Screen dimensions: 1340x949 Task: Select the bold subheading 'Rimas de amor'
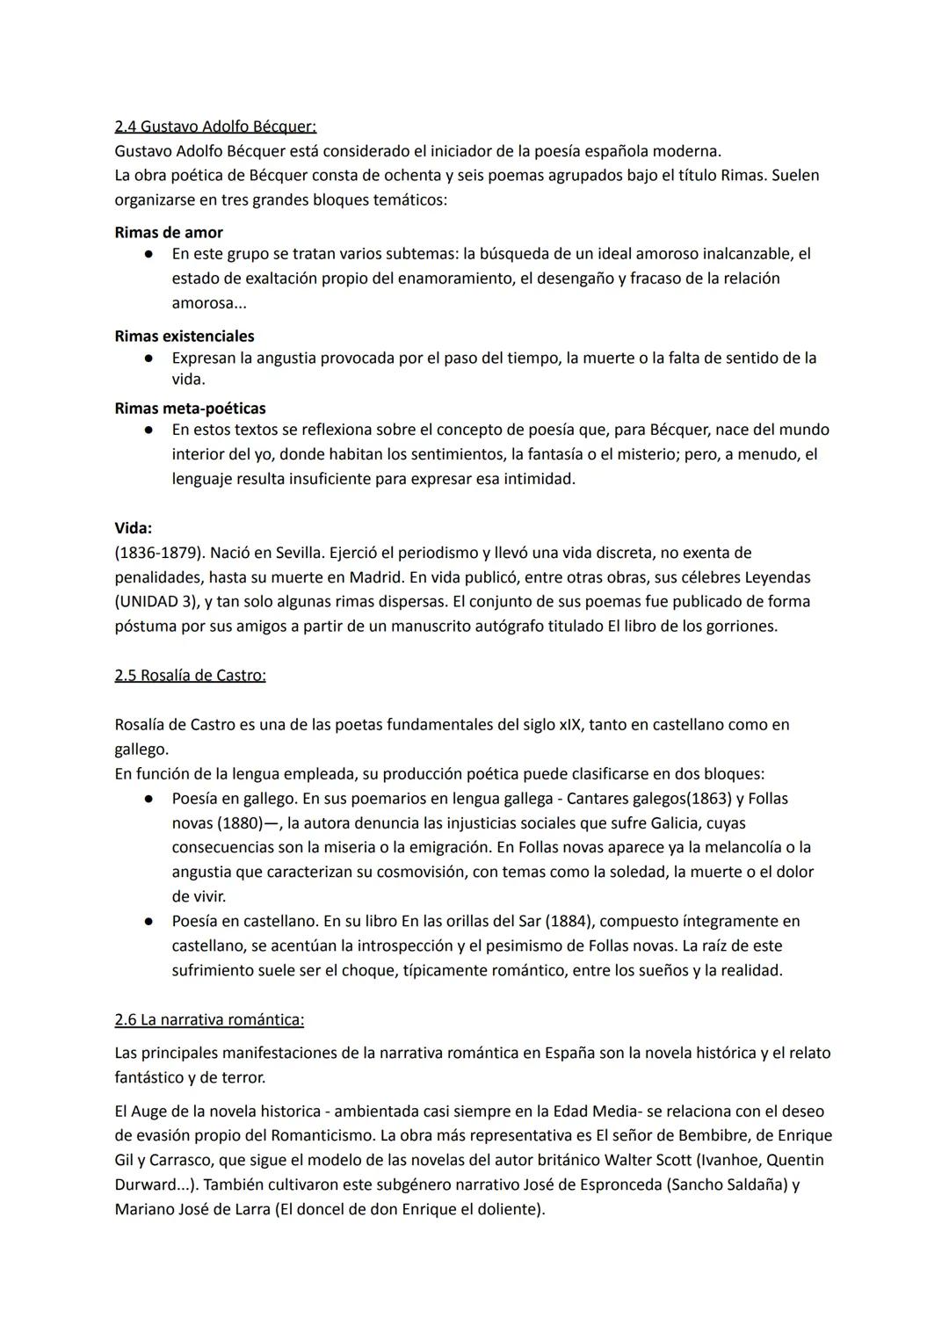click(x=169, y=233)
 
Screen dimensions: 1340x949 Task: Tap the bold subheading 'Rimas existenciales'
click(x=185, y=337)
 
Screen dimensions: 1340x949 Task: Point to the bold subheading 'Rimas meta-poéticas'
click(x=190, y=409)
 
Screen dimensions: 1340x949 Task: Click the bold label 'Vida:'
click(x=134, y=528)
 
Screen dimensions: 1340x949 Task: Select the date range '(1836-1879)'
click(x=159, y=554)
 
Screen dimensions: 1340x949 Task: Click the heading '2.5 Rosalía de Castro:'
click(x=190, y=676)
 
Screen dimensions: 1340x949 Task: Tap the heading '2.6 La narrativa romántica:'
click(x=209, y=1020)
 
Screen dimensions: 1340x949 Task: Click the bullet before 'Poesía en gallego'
click(x=150, y=799)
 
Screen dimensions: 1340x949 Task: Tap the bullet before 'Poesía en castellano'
click(x=150, y=922)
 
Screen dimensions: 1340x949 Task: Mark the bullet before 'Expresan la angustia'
click(x=150, y=359)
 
